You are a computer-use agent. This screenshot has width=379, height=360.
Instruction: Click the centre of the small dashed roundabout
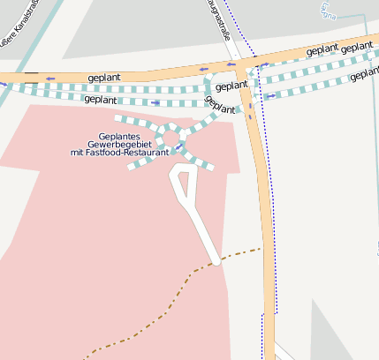(x=171, y=138)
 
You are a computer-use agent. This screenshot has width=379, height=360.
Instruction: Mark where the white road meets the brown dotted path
(x=216, y=261)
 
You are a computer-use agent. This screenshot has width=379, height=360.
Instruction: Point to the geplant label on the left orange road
(x=104, y=78)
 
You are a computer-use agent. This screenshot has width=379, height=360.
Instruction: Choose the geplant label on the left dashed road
(x=101, y=100)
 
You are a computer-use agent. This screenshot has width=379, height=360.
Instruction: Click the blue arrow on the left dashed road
(x=156, y=103)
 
